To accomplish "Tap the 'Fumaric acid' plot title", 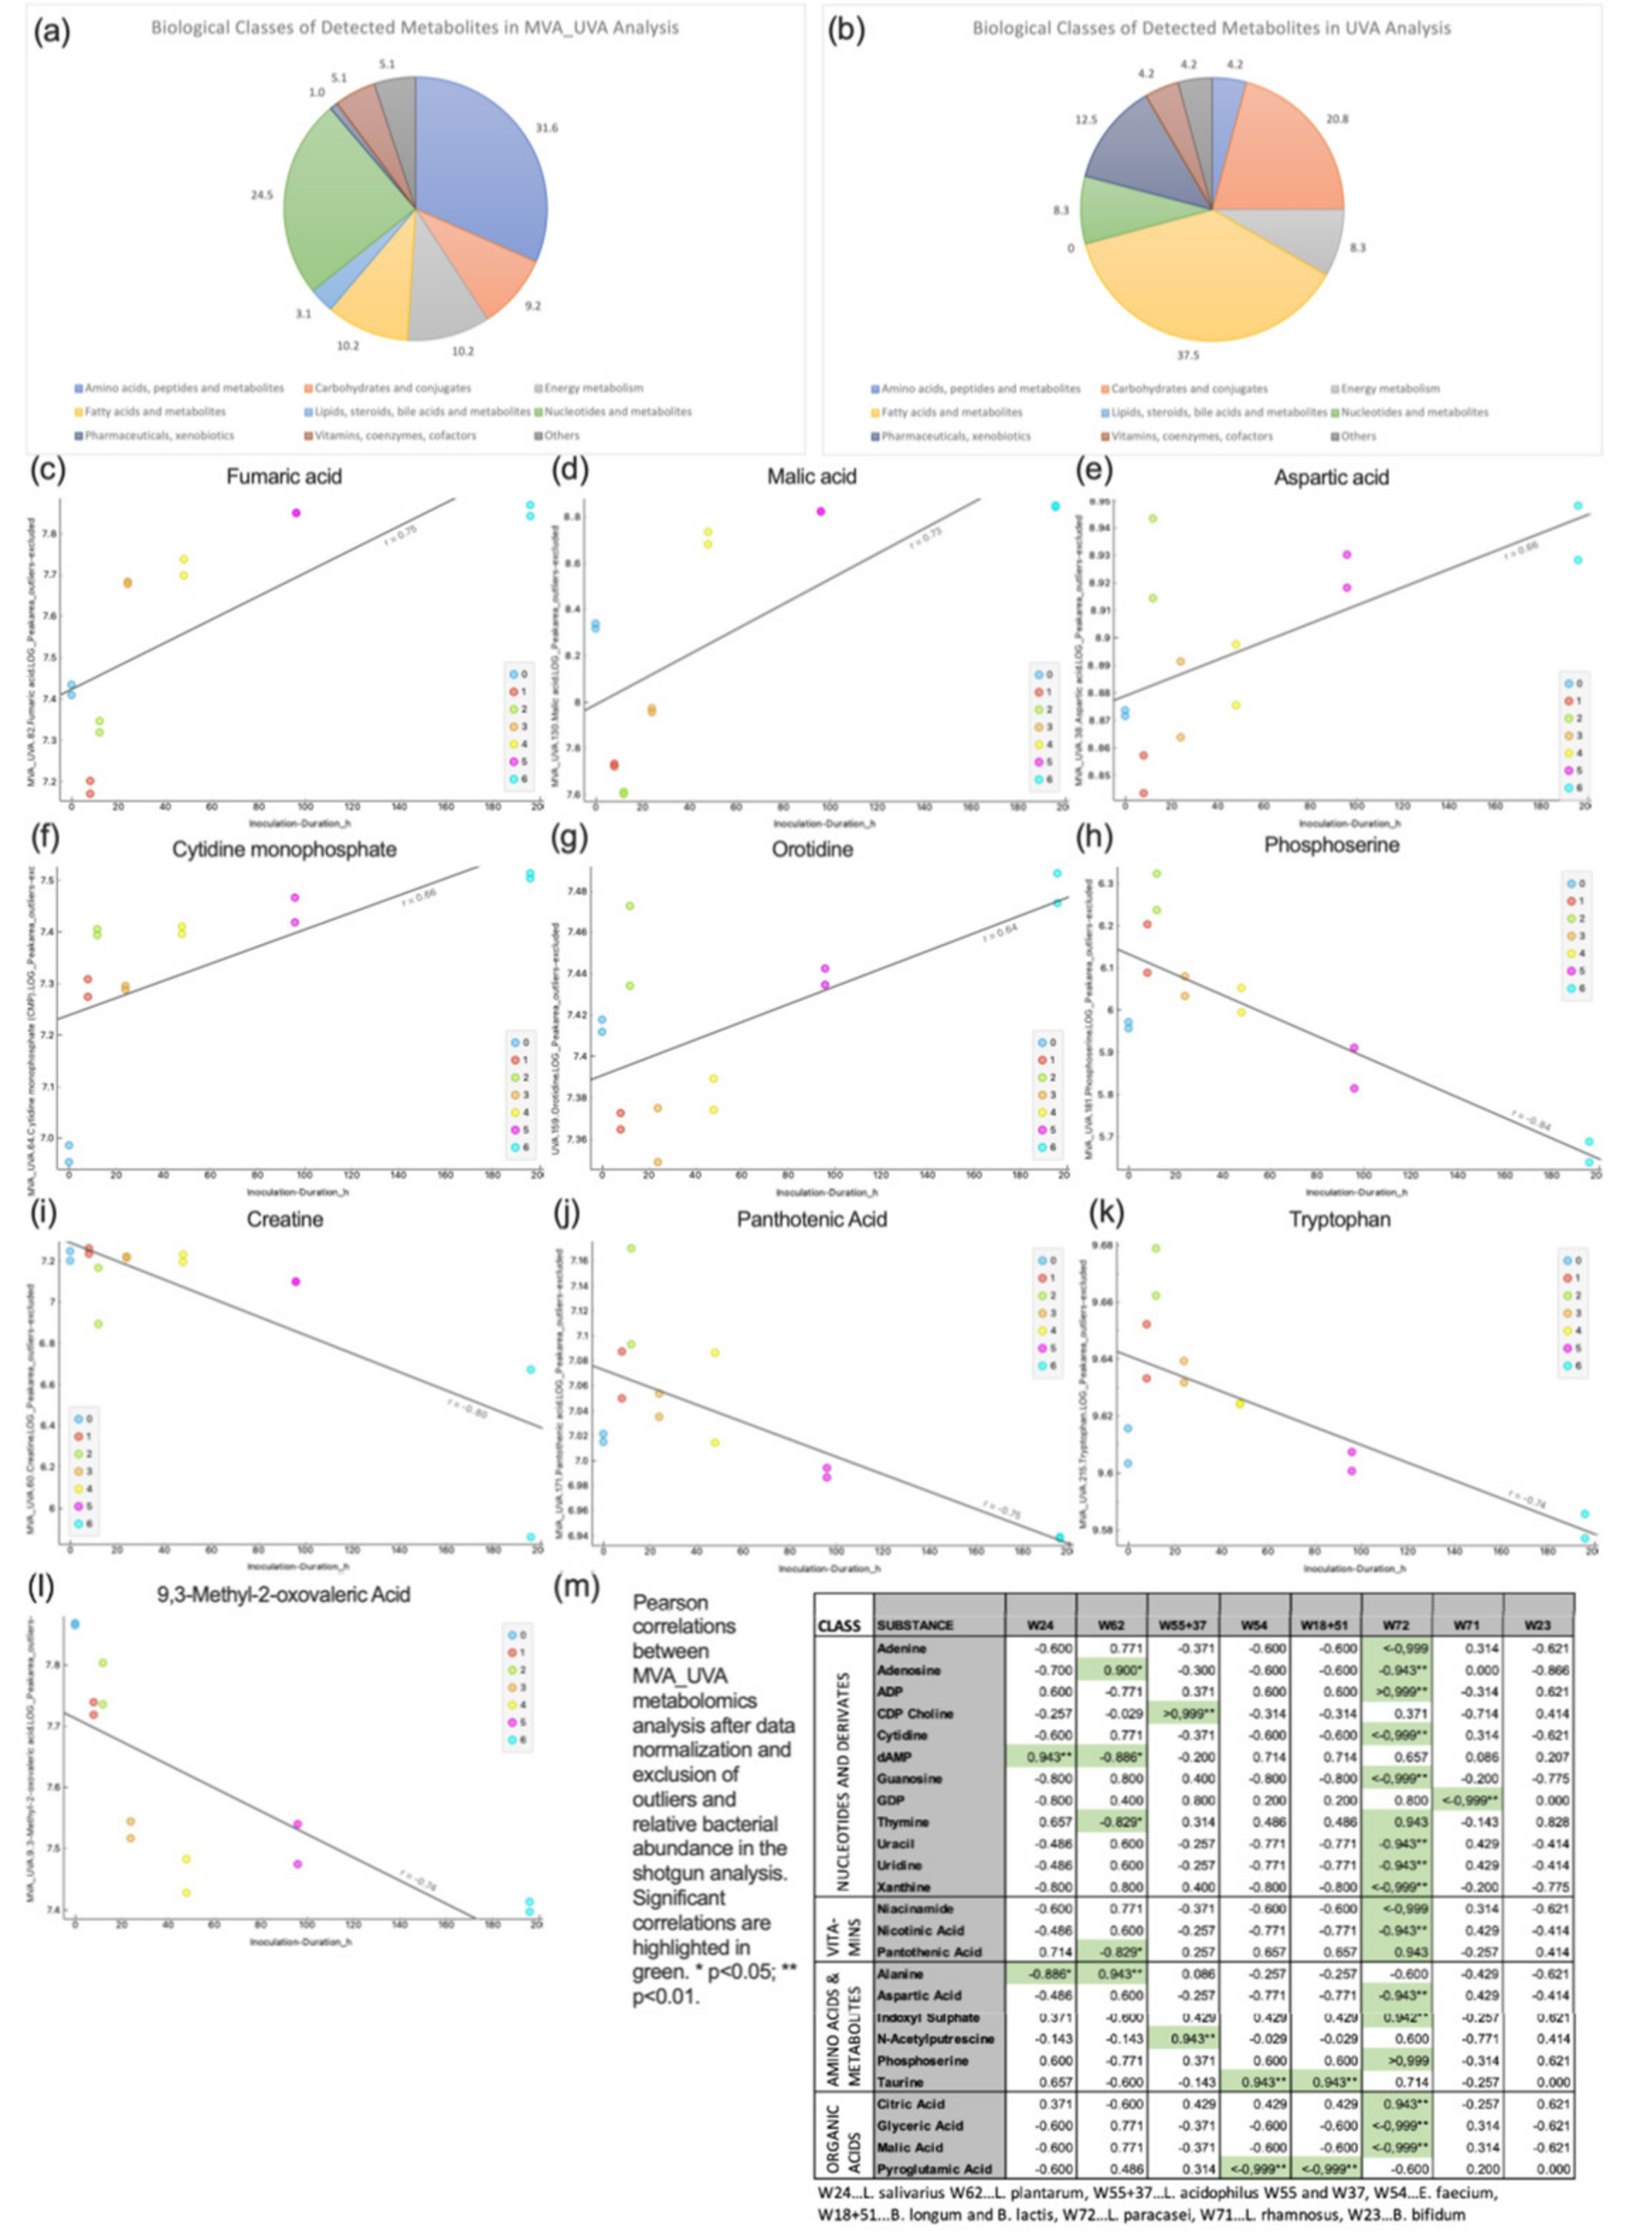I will (284, 476).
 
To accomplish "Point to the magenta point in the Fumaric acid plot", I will (296, 513).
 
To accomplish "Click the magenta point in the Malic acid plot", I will (820, 511).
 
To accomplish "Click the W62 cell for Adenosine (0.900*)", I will (1112, 1670).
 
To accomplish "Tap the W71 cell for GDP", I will (1466, 1800).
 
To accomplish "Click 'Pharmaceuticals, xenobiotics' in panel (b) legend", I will (955, 435).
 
